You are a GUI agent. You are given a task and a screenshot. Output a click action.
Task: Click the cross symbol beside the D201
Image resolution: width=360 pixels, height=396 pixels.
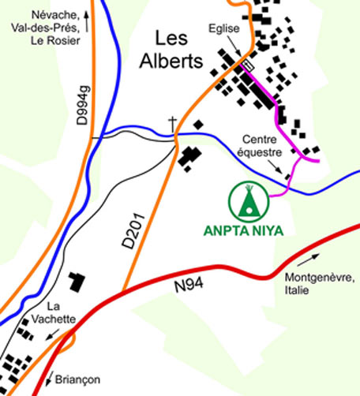pos(171,124)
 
